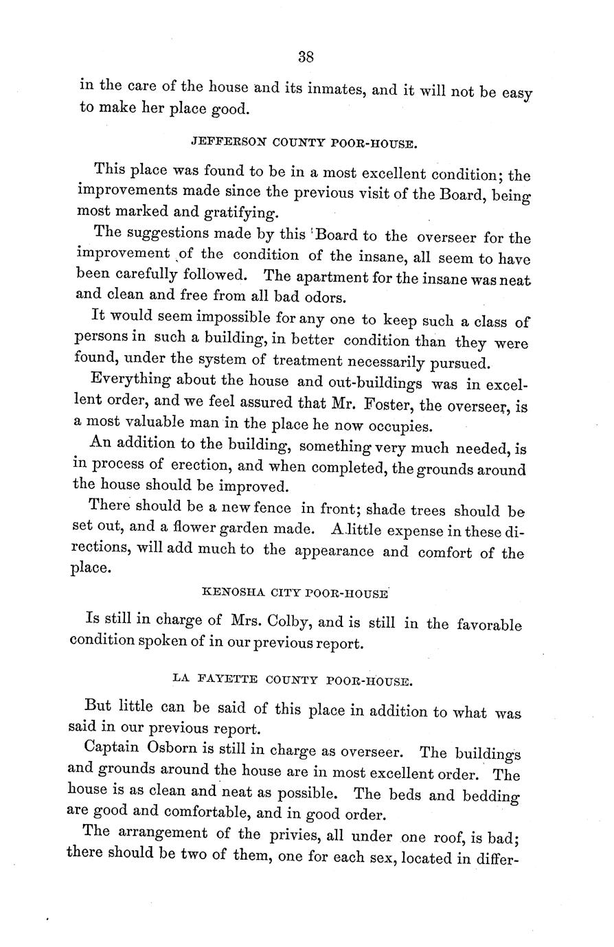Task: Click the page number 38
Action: pos(306,58)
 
